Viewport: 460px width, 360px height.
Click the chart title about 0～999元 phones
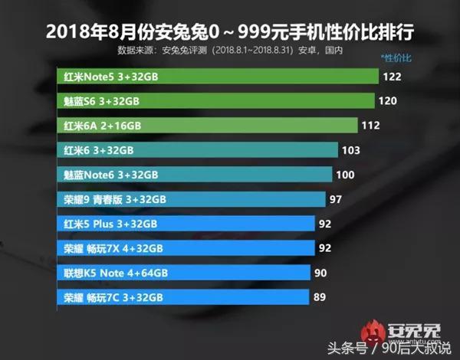[229, 32]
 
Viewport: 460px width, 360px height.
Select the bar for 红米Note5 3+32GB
[219, 77]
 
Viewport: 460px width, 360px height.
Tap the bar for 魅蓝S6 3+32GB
[216, 101]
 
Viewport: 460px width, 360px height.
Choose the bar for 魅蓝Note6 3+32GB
[195, 175]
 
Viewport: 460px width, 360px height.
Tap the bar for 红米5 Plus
[186, 224]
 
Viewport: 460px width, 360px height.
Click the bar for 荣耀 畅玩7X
[186, 248]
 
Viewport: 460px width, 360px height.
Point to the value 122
[395, 77]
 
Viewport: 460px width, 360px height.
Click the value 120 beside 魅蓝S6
[390, 101]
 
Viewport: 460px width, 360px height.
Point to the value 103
[352, 150]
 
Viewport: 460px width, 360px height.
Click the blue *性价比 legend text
[396, 58]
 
